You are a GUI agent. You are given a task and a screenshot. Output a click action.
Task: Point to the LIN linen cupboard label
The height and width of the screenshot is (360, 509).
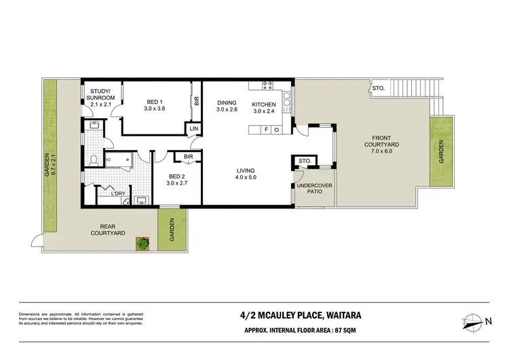pos(194,128)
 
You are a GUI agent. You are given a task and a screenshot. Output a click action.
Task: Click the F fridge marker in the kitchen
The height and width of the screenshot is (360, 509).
pos(267,128)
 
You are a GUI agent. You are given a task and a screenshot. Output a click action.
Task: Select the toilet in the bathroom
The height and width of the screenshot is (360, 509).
pos(92,161)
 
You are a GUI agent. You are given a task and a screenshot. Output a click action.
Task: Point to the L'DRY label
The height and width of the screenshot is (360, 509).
pos(119,194)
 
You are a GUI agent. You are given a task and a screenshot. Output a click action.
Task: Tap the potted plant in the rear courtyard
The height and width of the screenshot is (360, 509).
pos(143,242)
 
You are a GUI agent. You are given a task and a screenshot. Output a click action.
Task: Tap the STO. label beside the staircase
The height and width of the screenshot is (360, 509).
pos(377,88)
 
